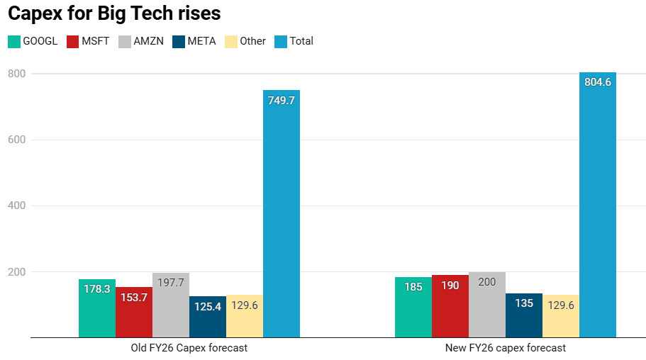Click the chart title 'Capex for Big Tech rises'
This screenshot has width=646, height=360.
click(x=114, y=13)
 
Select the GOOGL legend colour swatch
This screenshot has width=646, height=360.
click(x=14, y=42)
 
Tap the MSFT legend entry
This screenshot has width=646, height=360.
click(x=88, y=41)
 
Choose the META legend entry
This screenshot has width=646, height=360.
click(x=194, y=41)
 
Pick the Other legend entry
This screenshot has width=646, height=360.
click(x=245, y=41)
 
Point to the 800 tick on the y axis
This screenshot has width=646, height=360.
click(x=16, y=74)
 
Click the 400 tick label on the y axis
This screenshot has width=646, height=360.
click(x=16, y=206)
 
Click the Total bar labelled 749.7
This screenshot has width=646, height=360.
click(x=282, y=214)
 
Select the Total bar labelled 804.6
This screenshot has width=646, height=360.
click(x=598, y=205)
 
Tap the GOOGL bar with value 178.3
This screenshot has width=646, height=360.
click(x=97, y=308)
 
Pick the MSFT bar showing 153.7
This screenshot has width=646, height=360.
click(x=134, y=313)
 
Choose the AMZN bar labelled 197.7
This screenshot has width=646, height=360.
click(x=171, y=305)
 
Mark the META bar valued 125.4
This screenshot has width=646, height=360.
click(x=208, y=317)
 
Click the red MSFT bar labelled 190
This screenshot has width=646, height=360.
click(x=450, y=306)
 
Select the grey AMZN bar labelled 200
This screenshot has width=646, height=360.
click(x=487, y=305)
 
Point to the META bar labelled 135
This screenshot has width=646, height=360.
click(x=524, y=315)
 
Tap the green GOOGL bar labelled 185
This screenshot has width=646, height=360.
click(x=413, y=307)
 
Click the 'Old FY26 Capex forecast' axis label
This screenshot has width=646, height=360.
click(x=189, y=348)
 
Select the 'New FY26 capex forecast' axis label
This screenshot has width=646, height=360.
click(x=506, y=348)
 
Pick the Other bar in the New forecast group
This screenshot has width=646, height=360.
click(x=561, y=316)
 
